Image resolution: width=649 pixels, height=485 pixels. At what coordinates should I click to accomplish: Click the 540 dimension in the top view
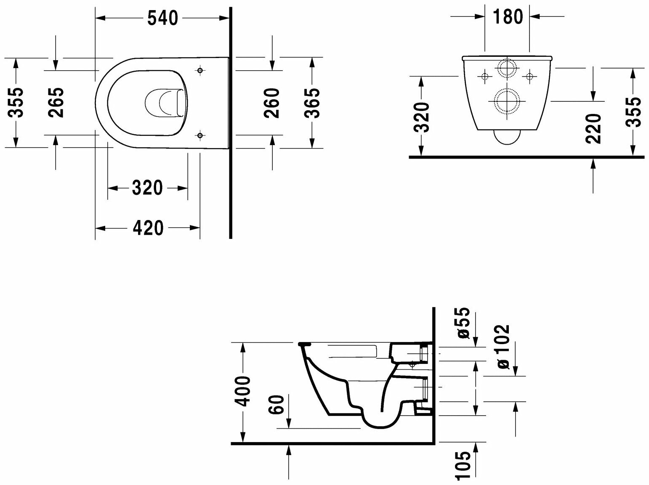163,18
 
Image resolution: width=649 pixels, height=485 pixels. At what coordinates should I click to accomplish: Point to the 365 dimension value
312,103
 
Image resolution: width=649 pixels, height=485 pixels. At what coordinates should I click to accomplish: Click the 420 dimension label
148,228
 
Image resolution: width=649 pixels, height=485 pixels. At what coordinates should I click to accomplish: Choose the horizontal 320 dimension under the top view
147,188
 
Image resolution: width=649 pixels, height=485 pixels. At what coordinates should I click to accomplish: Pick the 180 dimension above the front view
508,17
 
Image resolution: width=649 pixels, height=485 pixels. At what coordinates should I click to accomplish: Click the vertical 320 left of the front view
421,117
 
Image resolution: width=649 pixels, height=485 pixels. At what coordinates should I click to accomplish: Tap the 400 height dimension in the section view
243,391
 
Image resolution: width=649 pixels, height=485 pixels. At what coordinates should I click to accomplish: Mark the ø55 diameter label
463,323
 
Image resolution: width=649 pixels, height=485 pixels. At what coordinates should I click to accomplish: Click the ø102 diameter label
503,347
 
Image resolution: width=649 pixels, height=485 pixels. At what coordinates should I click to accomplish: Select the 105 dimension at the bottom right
463,465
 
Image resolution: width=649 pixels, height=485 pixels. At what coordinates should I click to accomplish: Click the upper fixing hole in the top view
200,70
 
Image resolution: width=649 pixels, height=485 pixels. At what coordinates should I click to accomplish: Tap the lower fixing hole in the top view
200,135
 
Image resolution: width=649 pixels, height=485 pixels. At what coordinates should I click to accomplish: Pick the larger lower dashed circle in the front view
508,101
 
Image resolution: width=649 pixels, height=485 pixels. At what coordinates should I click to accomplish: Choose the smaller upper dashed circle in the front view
508,69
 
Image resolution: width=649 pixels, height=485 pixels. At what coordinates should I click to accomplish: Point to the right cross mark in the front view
530,76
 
